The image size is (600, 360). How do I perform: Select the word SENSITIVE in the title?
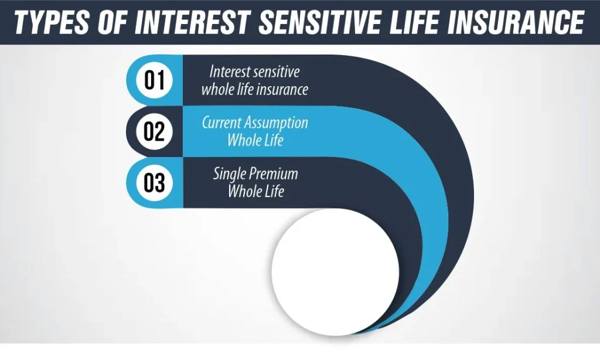319,22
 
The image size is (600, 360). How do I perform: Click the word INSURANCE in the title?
516,22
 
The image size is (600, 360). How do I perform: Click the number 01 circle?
154,80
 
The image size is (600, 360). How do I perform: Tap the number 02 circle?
154,131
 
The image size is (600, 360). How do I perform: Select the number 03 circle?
154,183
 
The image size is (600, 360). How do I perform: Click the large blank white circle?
335,272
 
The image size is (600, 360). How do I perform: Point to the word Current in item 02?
221,123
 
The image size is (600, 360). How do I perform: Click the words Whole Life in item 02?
255,140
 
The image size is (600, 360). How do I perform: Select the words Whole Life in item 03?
255,191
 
